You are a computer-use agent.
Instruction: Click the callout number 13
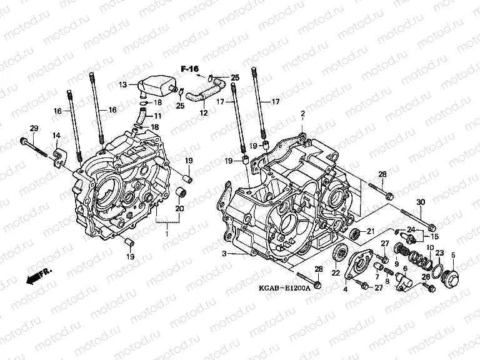[x=123, y=84]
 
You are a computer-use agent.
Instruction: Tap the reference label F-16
[x=189, y=67]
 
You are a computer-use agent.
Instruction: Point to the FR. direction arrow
[x=39, y=274]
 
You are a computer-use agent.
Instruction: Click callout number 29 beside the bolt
[x=34, y=128]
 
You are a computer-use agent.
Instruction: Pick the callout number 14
[x=56, y=136]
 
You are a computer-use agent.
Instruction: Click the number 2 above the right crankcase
[x=302, y=114]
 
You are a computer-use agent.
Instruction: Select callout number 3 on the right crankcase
[x=224, y=253]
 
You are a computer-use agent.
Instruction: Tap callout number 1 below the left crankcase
[x=166, y=232]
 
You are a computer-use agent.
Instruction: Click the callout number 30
[x=420, y=201]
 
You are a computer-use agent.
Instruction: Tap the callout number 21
[x=370, y=231]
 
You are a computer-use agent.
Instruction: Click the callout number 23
[x=439, y=253]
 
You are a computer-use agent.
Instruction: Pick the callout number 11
[x=157, y=116]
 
